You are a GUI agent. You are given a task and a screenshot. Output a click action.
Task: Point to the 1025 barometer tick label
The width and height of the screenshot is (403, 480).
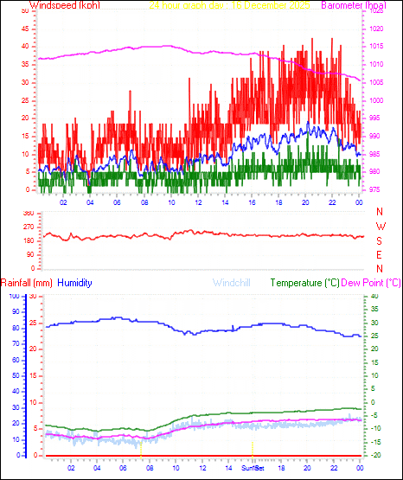click(375, 10)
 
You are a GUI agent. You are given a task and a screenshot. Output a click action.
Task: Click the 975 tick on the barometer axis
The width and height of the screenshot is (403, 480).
click(374, 189)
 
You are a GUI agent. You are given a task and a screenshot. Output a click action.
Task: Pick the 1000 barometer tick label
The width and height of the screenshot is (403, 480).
click(375, 99)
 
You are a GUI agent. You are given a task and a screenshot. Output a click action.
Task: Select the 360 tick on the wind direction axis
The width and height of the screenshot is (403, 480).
click(27, 213)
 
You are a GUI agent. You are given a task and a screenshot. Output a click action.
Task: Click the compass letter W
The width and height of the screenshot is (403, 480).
click(380, 226)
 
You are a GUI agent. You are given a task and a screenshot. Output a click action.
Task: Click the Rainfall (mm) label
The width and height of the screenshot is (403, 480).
click(27, 283)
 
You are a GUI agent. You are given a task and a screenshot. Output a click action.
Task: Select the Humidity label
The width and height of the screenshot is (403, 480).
click(75, 283)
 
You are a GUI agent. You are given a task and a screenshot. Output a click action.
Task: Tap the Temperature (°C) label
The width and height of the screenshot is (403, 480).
click(305, 283)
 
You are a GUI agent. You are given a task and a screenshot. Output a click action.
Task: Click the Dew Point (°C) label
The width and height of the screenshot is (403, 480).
click(372, 283)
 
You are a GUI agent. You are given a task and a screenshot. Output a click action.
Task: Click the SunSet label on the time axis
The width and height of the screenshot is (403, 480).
click(253, 467)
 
